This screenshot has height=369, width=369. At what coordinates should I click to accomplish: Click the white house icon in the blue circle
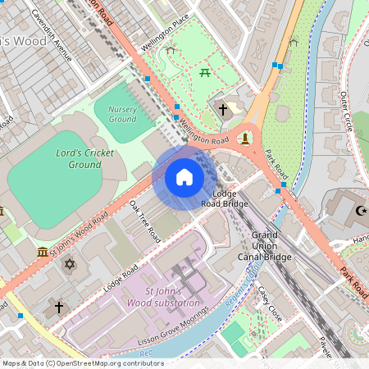184,177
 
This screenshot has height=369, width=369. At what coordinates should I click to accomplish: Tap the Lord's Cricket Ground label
74,159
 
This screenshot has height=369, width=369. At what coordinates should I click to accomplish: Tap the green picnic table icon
204,74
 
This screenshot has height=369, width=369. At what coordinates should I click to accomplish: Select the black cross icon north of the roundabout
222,108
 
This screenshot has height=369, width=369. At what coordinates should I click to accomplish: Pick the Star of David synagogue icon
70,264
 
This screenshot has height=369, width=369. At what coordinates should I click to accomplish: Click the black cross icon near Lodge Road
58,307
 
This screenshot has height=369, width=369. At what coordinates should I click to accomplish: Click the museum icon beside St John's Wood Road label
43,251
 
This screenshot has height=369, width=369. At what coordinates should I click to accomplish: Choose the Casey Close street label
270,304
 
